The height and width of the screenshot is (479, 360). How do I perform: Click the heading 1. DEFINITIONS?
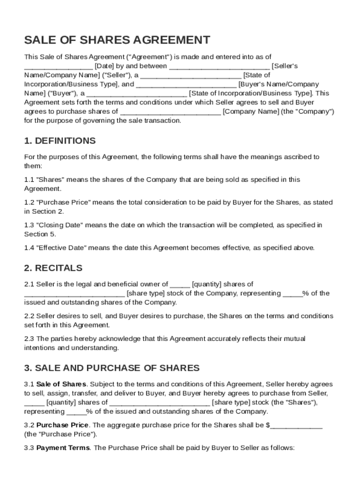pyautogui.click(x=60, y=141)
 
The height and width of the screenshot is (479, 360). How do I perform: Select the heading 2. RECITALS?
pyautogui.click(x=53, y=268)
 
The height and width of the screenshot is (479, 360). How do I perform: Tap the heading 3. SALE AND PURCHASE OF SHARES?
pyautogui.click(x=112, y=368)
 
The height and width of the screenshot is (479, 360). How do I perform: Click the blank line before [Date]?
pyautogui.click(x=58, y=66)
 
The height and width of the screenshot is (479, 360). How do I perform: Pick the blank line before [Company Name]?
pyautogui.click(x=170, y=112)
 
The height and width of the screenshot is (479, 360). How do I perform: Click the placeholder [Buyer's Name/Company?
pyautogui.click(x=279, y=85)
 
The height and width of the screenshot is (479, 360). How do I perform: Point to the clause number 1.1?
pyautogui.click(x=29, y=180)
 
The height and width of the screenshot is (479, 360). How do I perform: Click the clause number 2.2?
pyautogui.click(x=29, y=316)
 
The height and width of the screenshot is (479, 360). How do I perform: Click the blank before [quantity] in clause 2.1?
pyautogui.click(x=180, y=284)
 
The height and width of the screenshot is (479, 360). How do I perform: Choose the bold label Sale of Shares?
pyautogui.click(x=61, y=385)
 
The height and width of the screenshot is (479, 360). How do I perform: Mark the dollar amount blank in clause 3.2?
pyautogui.click(x=296, y=426)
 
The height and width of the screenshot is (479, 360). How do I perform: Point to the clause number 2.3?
pyautogui.click(x=29, y=339)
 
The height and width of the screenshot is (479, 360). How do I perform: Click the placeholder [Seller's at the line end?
pyautogui.click(x=285, y=66)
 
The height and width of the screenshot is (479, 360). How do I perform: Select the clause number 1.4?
pyautogui.click(x=29, y=248)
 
